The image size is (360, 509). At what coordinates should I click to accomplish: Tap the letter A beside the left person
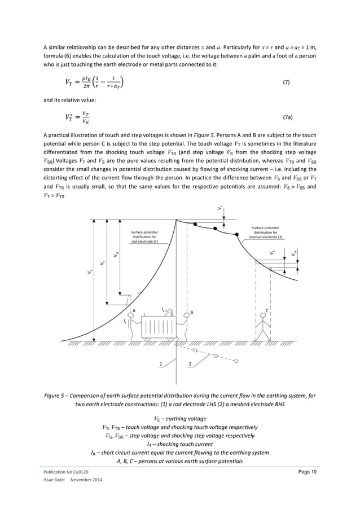point(134,310)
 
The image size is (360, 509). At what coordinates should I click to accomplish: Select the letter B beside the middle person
point(191,312)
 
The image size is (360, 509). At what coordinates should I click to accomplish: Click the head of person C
point(264,319)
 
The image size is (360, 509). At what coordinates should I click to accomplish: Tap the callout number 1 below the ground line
point(161,365)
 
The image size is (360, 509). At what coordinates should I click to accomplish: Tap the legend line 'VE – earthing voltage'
point(180,418)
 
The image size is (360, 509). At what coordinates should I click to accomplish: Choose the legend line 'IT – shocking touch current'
point(180,445)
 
